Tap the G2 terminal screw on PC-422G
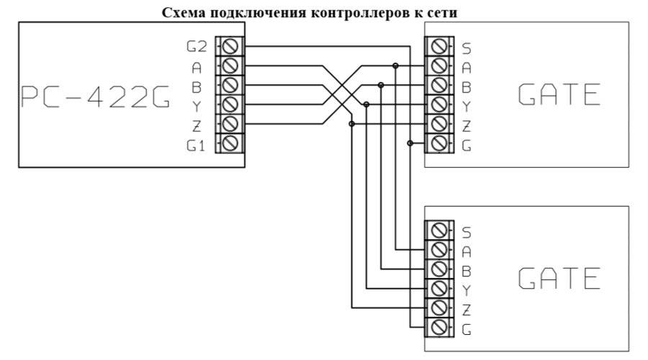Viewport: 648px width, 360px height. click(x=231, y=48)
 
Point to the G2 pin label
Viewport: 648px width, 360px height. click(x=197, y=48)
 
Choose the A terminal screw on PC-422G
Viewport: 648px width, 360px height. click(x=231, y=67)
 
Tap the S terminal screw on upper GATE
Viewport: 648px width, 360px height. click(x=438, y=48)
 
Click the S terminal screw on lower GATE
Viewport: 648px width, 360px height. click(x=438, y=232)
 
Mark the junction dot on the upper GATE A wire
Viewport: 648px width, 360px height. click(x=395, y=66)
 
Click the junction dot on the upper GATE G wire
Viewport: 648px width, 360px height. click(x=410, y=143)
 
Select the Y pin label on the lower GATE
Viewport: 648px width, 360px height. click(x=466, y=290)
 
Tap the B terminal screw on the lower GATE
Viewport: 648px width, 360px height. click(x=438, y=271)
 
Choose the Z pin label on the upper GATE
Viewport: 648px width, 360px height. click(x=466, y=125)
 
